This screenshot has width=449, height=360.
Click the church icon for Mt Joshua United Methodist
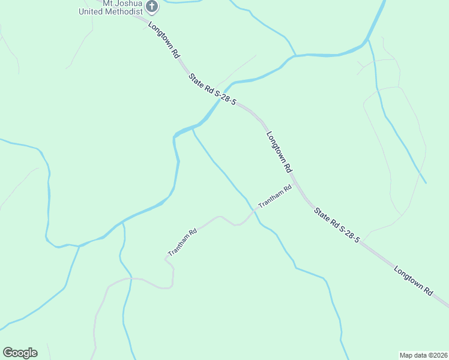pyautogui.click(x=152, y=7)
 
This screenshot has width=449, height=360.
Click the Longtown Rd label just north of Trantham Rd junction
pyautogui.click(x=279, y=152)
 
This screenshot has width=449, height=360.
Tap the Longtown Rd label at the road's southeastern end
pyautogui.click(x=413, y=280)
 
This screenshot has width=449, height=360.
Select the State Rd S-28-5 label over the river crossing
pyautogui.click(x=212, y=90)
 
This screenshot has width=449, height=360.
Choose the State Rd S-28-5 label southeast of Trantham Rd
pyautogui.click(x=337, y=223)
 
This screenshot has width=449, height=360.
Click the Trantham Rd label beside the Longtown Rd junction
pyautogui.click(x=274, y=197)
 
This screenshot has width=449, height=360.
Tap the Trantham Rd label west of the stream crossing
pyautogui.click(x=182, y=242)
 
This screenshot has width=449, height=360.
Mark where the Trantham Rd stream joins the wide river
pyautogui.click(x=193, y=127)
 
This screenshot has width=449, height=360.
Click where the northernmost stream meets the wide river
pyautogui.click(x=294, y=56)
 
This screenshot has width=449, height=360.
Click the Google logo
pyautogui.click(x=20, y=353)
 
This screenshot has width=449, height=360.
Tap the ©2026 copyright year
pyautogui.click(x=438, y=355)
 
